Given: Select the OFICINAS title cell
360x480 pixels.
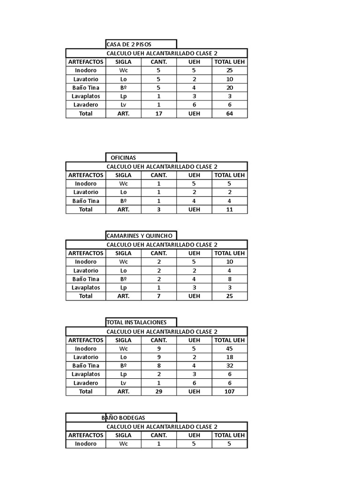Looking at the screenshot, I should [x=123, y=157].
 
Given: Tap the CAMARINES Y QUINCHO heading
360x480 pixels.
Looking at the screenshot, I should [x=140, y=236].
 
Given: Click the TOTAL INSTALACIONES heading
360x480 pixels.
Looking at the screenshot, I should [x=136, y=322].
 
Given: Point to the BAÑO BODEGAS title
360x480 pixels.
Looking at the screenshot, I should [x=123, y=418].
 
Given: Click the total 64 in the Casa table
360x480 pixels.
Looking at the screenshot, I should [x=229, y=113].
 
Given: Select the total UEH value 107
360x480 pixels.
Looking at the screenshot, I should [x=229, y=391].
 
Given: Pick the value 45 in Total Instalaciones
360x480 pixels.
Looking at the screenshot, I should [x=229, y=349].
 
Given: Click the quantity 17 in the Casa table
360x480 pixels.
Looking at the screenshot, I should [x=158, y=113].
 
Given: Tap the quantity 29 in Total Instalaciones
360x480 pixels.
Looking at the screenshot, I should [x=158, y=391].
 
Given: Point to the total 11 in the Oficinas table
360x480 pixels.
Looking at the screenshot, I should [x=229, y=210].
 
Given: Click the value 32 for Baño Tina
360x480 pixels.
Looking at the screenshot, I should [x=229, y=366].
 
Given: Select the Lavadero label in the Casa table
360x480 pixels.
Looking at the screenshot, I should [x=86, y=105].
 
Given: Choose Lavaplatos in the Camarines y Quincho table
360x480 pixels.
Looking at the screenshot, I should [x=86, y=287].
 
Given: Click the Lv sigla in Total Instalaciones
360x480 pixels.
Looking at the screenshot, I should [x=123, y=383].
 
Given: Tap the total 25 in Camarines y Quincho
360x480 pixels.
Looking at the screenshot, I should [x=229, y=296].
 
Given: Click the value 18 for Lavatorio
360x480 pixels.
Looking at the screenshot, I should [x=229, y=357].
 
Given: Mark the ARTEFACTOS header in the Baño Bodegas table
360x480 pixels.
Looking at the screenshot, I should [x=86, y=435].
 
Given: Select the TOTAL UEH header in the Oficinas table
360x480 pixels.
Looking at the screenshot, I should [x=229, y=175].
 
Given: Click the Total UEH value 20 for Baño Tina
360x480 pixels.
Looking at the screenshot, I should [x=229, y=88].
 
